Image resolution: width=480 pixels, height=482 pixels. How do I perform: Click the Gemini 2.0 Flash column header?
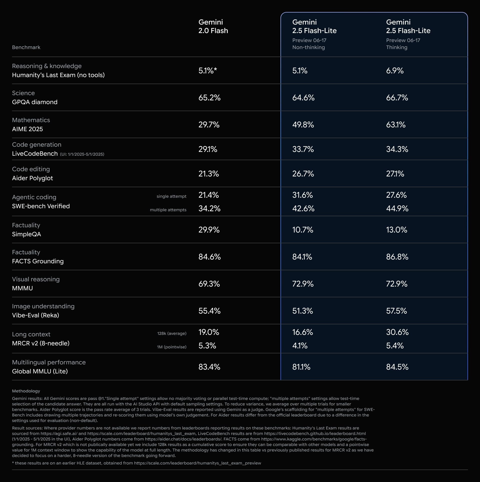tap(213, 26)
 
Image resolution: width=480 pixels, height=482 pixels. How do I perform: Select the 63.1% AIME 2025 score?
tap(396, 125)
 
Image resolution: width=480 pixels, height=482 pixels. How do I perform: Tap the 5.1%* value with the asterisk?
tap(207, 71)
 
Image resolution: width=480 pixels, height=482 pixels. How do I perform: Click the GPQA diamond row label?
tap(35, 102)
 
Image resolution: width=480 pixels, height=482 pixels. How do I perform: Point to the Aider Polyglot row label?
tap(32, 178)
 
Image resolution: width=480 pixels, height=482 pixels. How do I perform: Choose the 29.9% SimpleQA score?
tap(209, 230)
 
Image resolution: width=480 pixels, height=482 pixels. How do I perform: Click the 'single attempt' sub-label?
tap(171, 196)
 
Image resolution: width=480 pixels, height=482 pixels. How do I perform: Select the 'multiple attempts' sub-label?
tap(168, 210)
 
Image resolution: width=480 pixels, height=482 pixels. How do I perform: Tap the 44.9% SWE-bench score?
tap(397, 208)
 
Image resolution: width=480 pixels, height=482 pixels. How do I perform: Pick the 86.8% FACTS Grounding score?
tap(397, 257)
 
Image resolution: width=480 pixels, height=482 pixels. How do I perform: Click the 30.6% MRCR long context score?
tap(397, 332)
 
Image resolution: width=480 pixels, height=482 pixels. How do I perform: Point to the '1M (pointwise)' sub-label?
tap(171, 347)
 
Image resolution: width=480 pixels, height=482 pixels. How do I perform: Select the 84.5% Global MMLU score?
tap(397, 367)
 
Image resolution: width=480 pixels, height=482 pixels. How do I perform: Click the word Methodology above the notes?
tap(26, 391)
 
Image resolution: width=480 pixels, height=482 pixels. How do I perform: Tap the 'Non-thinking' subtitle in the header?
tap(308, 47)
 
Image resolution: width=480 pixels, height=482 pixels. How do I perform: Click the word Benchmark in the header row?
tap(26, 47)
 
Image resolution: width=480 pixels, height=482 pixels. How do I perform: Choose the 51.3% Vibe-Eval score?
tap(302, 311)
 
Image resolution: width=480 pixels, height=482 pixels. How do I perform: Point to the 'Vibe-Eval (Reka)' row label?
tap(35, 315)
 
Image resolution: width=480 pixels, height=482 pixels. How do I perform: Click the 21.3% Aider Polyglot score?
tap(208, 174)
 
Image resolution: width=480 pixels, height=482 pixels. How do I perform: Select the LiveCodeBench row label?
tap(35, 154)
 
